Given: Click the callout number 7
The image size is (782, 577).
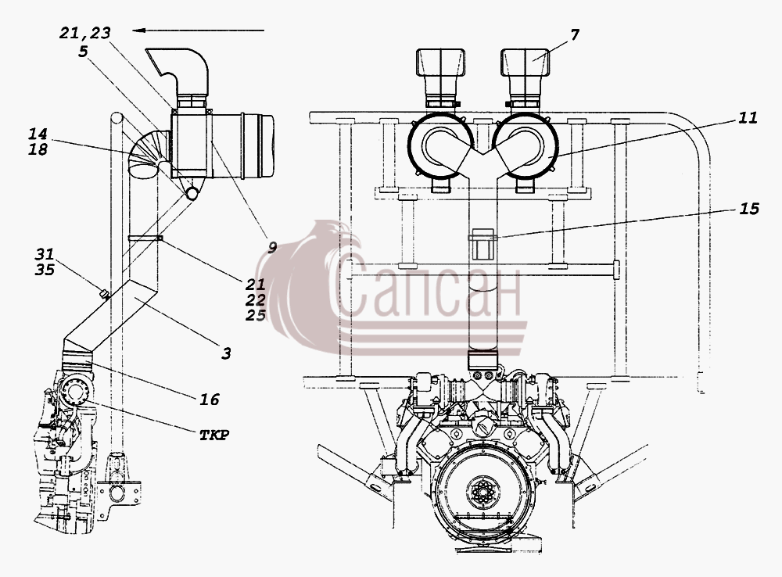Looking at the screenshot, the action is (575, 35).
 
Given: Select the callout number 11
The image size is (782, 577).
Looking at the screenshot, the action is (748, 118).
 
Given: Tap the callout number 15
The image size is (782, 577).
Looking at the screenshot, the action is (748, 209).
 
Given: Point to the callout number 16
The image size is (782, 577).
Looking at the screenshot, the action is (210, 399).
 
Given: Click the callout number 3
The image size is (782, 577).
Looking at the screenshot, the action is (226, 353).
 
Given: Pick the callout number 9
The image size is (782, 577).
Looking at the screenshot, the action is (272, 247).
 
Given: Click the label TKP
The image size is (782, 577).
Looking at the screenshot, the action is (214, 435).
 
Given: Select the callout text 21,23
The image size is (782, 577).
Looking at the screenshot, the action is (84, 33).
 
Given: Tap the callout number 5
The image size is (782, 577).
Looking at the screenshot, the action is (84, 51).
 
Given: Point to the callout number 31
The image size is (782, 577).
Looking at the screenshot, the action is (45, 254).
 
